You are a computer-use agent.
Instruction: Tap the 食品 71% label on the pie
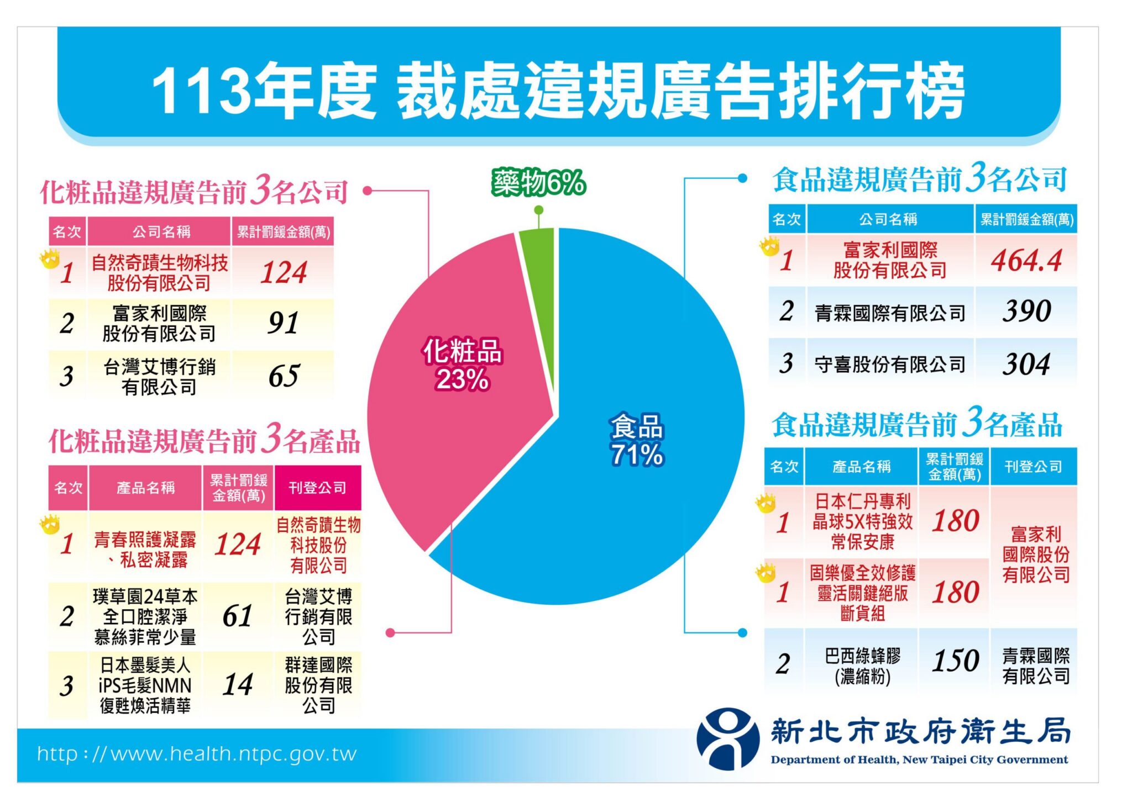[637, 440]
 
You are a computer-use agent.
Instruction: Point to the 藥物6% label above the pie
[538, 182]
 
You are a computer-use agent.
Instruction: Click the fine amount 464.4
[1026, 260]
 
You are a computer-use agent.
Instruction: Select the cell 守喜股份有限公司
[889, 364]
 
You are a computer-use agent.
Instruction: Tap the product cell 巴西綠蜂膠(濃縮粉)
[862, 666]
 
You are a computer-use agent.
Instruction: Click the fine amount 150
[955, 661]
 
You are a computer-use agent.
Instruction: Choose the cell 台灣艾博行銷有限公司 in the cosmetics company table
[159, 377]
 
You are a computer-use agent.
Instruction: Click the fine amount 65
[284, 376]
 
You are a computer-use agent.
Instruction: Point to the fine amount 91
[283, 323]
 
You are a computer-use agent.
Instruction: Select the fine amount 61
[238, 616]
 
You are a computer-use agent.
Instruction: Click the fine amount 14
[238, 685]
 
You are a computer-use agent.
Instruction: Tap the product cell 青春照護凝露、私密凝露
[145, 549]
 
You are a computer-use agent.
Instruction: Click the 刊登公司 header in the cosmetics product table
[317, 488]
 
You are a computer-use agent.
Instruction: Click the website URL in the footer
[197, 754]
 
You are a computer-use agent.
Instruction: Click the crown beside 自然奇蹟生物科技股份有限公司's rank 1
[50, 258]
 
